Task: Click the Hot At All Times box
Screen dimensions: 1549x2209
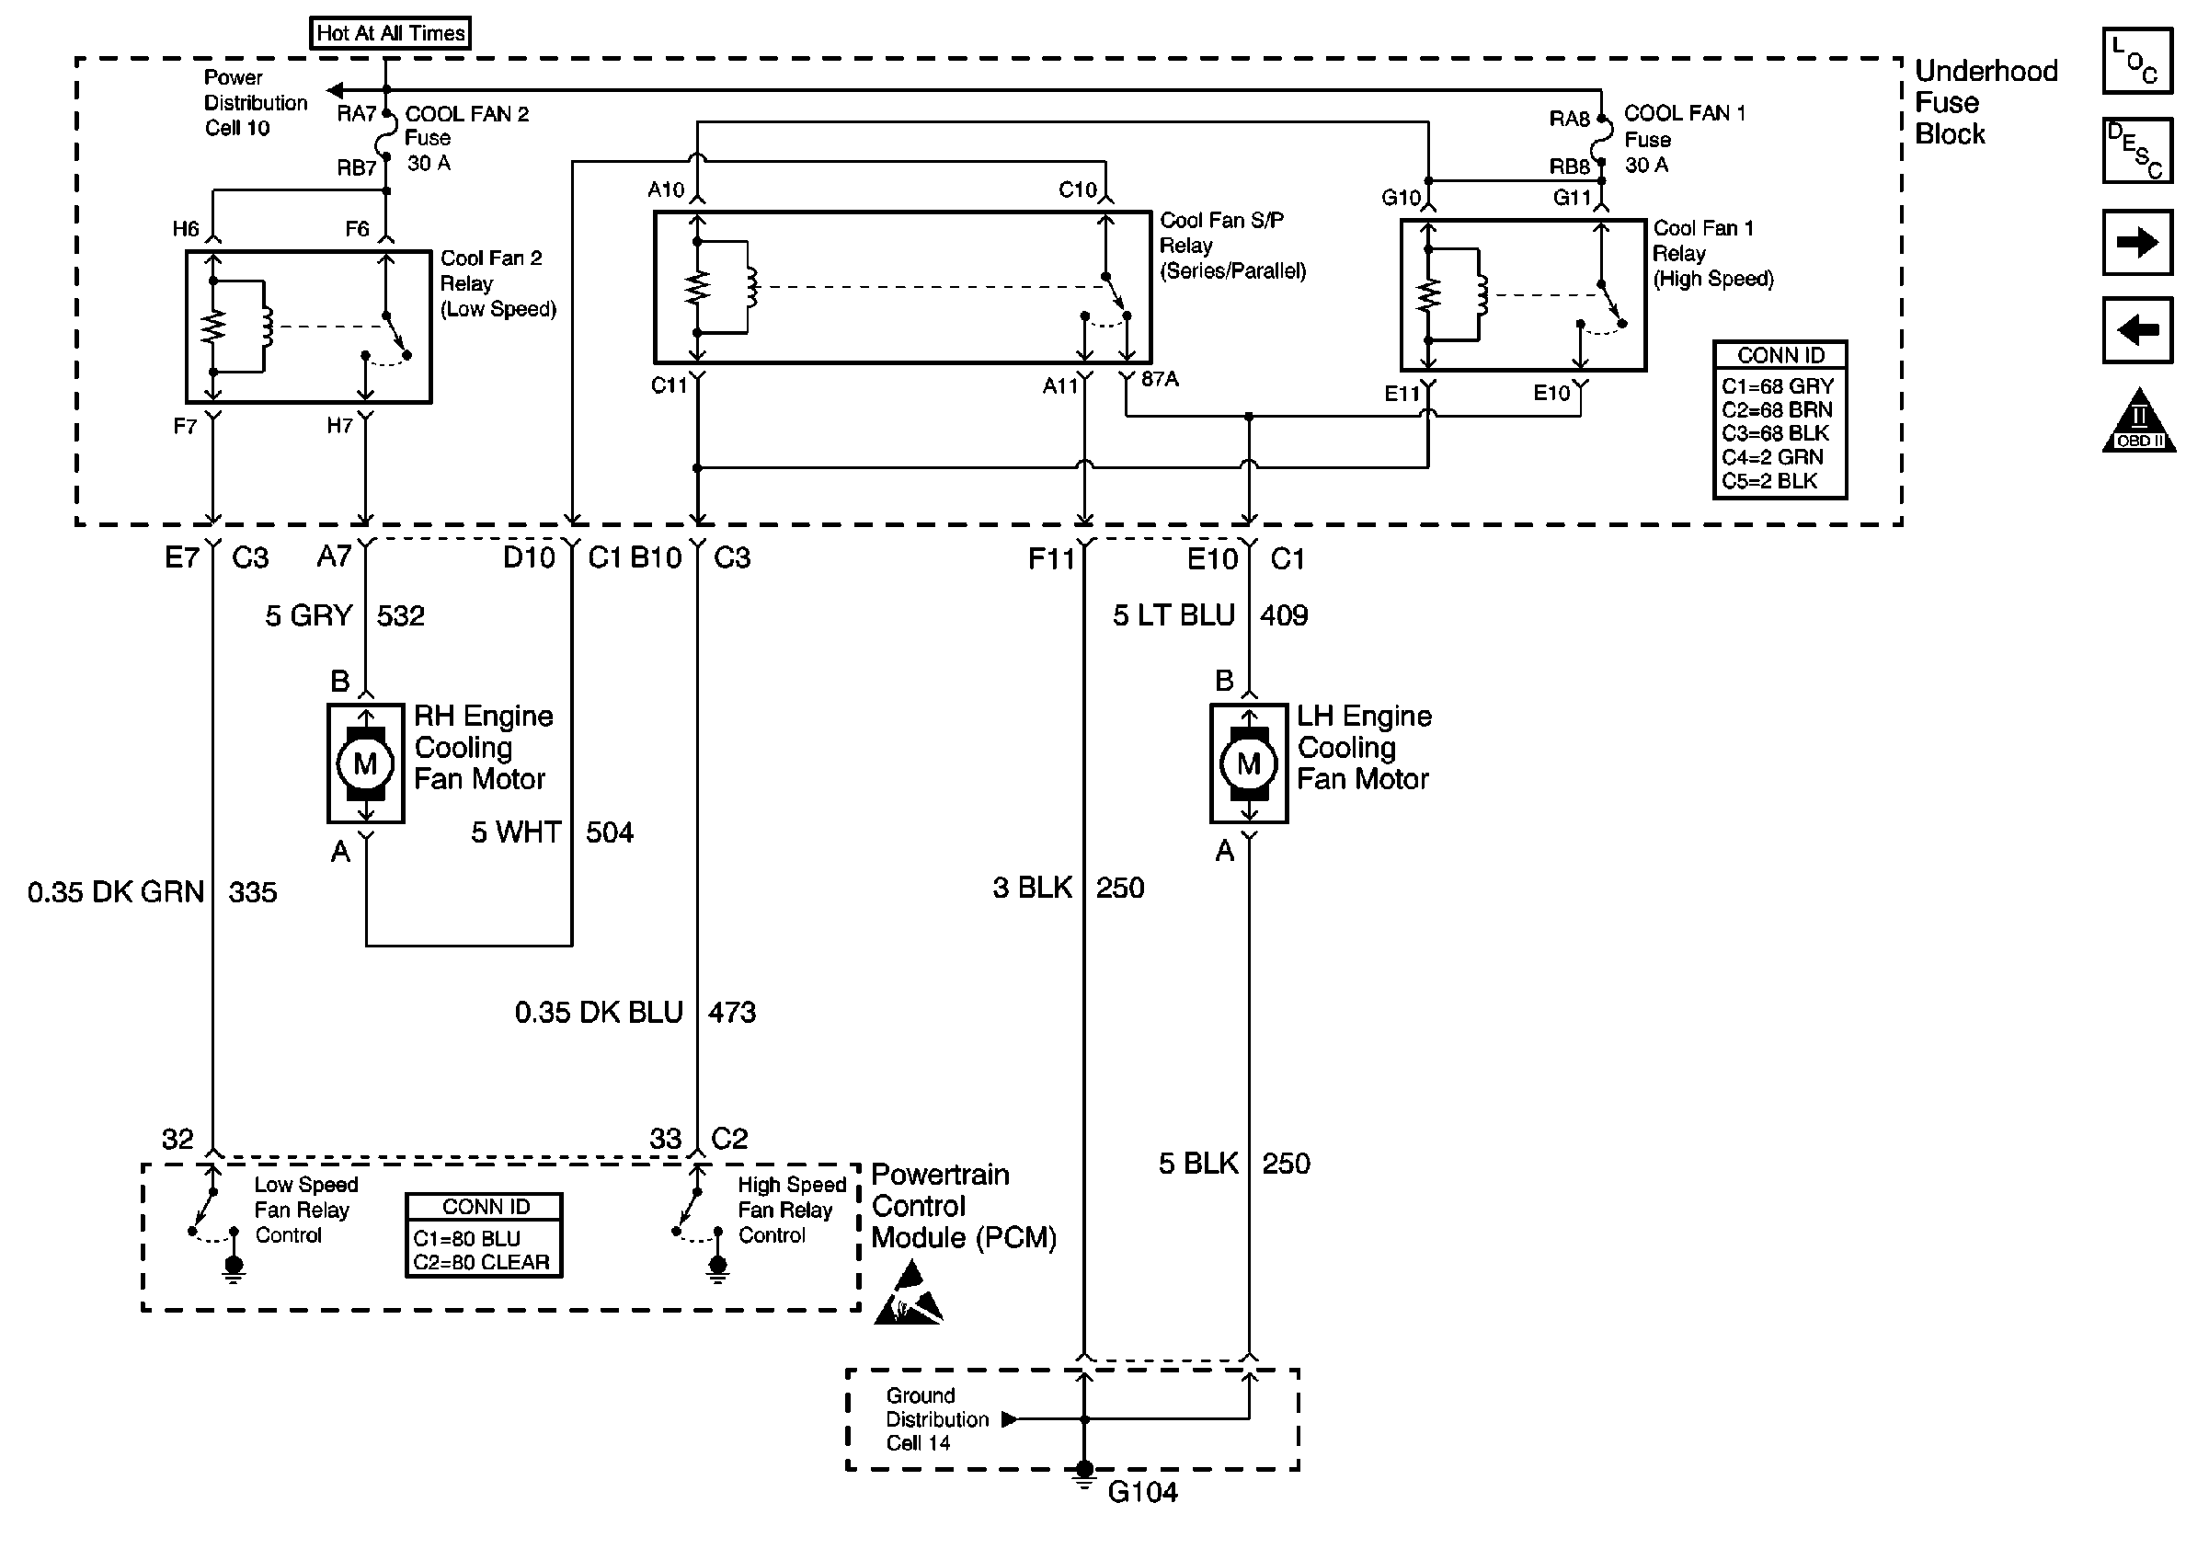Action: click(391, 33)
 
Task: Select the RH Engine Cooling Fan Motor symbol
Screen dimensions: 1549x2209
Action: click(364, 763)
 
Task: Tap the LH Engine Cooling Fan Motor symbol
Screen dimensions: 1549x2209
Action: click(1248, 763)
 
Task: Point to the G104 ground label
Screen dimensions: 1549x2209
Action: click(1142, 1492)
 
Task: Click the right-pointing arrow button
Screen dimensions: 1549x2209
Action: click(2137, 243)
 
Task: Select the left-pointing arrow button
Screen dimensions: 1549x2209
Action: click(2137, 331)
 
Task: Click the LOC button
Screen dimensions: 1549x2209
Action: click(2137, 61)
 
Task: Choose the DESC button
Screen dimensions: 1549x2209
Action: click(2137, 151)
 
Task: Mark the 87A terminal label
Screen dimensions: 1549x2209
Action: click(1160, 379)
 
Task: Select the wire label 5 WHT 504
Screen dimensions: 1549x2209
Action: click(551, 832)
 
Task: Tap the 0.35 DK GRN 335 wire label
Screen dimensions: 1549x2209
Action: click(152, 892)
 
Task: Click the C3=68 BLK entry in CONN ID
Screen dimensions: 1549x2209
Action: click(1775, 433)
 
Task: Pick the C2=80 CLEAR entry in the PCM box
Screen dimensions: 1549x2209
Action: click(481, 1262)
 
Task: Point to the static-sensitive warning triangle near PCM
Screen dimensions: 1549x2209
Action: click(908, 1296)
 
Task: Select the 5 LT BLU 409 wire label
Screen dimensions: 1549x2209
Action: click(1209, 615)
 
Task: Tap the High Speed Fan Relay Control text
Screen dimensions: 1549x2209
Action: click(791, 1210)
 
